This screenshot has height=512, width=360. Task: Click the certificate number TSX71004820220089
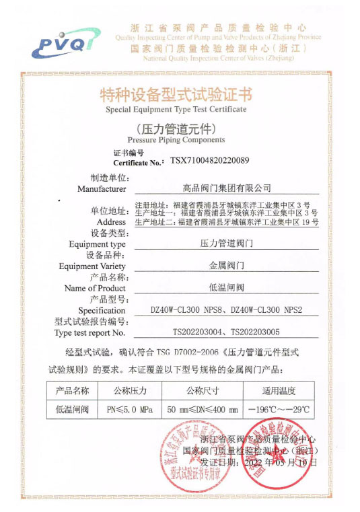coord(209,161)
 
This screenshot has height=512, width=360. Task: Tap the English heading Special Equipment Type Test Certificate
coord(176,109)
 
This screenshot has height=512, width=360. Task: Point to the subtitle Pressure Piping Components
coord(176,140)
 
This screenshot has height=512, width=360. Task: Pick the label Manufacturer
coord(102,189)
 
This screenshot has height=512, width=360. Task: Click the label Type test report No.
coord(90,332)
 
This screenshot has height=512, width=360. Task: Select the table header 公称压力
coord(130,391)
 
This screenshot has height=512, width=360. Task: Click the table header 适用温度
coord(278,391)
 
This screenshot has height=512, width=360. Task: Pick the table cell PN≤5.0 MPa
coord(130,408)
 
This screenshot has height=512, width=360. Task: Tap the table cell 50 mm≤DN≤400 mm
coord(203,408)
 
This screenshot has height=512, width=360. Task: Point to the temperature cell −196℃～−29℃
coord(278,408)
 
